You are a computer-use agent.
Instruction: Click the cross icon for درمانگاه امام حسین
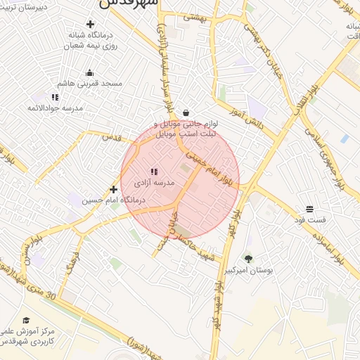click(113, 189)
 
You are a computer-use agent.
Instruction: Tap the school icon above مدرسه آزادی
click(154, 172)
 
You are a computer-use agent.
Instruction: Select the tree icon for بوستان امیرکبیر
click(248, 258)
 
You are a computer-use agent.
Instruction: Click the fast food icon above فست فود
click(309, 209)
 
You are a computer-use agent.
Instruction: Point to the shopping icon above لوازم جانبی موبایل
click(186, 112)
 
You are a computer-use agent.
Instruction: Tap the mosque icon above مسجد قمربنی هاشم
click(89, 72)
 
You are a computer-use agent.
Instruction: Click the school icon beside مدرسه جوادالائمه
click(56, 97)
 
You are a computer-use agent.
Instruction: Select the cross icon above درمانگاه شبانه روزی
click(89, 25)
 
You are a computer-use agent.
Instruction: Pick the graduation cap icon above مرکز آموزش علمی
click(26, 320)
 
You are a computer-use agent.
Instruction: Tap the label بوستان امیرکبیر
click(247, 270)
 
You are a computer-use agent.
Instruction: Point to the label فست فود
click(310, 220)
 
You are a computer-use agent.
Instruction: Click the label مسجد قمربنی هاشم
click(90, 84)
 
